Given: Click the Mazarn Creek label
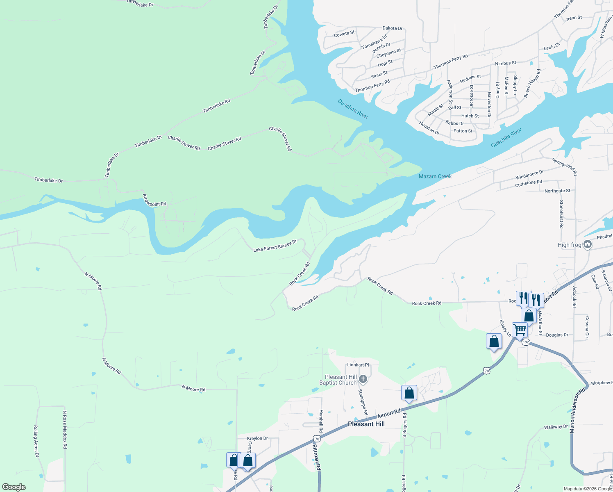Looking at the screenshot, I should click(435, 176).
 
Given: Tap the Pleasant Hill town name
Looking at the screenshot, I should click(366, 424).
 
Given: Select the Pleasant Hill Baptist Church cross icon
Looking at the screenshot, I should click(363, 380).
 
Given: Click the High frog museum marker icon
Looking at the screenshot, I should click(588, 245).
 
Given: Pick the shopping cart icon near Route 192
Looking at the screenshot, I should click(520, 330).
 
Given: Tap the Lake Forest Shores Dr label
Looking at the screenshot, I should click(275, 246).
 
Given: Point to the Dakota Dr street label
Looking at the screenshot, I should click(392, 28).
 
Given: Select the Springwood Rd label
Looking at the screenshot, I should click(564, 166).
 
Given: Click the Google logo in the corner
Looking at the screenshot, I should click(14, 487).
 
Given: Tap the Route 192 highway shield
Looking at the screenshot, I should click(526, 342).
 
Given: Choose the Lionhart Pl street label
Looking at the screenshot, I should click(358, 365).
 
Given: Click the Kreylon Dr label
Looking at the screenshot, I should click(257, 438).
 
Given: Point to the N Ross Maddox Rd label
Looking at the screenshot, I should click(65, 429).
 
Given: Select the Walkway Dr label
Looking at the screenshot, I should click(556, 427).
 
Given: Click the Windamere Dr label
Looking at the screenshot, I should click(529, 175).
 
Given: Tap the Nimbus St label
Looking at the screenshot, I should click(506, 63).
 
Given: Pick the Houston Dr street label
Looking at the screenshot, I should click(429, 128).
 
